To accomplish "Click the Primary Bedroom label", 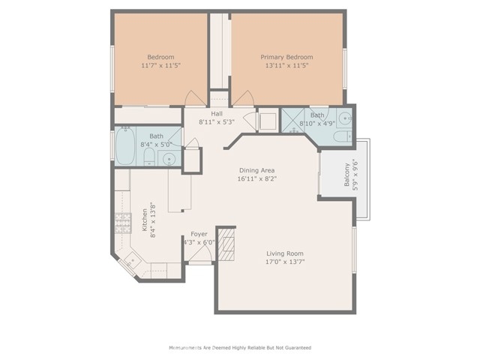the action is pyautogui.click(x=286, y=57).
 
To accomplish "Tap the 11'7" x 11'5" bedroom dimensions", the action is pyautogui.click(x=161, y=65).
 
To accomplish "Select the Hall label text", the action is pyautogui.click(x=217, y=114).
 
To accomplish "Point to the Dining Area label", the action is pyautogui.click(x=256, y=170).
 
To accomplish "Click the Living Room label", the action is pyautogui.click(x=285, y=253).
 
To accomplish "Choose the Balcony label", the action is pyautogui.click(x=346, y=175).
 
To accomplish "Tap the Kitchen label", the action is pyautogui.click(x=145, y=220).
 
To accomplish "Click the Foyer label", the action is pyautogui.click(x=199, y=235).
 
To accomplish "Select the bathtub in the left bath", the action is pyautogui.click(x=125, y=146).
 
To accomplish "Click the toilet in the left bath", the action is pyautogui.click(x=149, y=157).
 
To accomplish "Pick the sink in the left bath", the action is pyautogui.click(x=169, y=158).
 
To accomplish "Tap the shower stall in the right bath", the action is pyautogui.click(x=293, y=121).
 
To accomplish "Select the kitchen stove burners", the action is pyautogui.click(x=123, y=223).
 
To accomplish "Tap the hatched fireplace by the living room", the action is pyautogui.click(x=226, y=244).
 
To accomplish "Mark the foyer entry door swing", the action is pyautogui.click(x=200, y=253).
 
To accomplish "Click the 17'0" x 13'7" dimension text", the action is pyautogui.click(x=285, y=262).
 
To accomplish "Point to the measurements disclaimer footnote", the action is pyautogui.click(x=240, y=348).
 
